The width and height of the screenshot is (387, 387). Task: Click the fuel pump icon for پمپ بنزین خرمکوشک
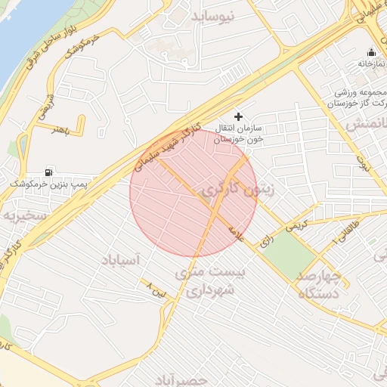[51, 172]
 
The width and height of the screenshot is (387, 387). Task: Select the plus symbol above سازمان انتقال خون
[240, 116]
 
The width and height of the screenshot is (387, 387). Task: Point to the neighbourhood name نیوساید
[224, 16]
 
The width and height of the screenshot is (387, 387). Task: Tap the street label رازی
[266, 241]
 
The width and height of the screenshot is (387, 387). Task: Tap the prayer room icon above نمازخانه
[371, 52]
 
